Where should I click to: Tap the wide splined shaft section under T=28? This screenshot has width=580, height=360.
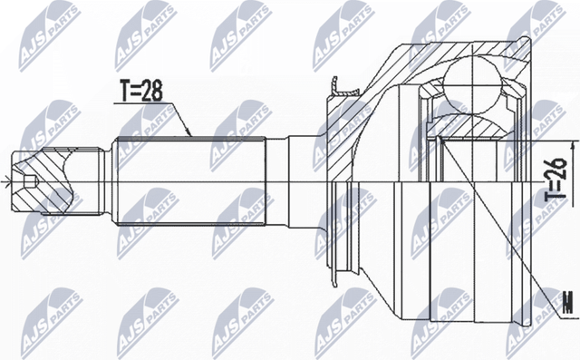[190, 181]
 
